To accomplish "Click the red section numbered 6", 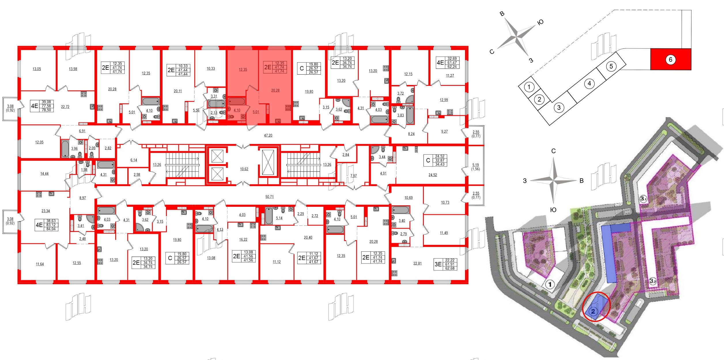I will pyautogui.click(x=670, y=60).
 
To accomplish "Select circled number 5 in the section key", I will pyautogui.click(x=611, y=67).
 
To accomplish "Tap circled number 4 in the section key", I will pyautogui.click(x=589, y=84).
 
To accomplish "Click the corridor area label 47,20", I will pyautogui.click(x=268, y=135).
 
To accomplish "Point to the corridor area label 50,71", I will pyautogui.click(x=269, y=197).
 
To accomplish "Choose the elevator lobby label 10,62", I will pyautogui.click(x=244, y=169).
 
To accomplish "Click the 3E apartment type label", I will pyautogui.click(x=438, y=264).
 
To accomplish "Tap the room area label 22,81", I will pyautogui.click(x=417, y=263).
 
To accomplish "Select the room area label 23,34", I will pyautogui.click(x=46, y=211).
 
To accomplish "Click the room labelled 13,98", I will pyautogui.click(x=73, y=69).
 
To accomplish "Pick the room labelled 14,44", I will pyautogui.click(x=44, y=174).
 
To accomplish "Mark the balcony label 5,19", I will pyautogui.click(x=475, y=165).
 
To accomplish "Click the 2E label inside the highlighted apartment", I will pyautogui.click(x=268, y=67).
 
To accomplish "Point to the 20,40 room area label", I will pyautogui.click(x=308, y=238).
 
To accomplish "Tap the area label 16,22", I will pyautogui.click(x=243, y=239).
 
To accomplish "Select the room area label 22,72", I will pyautogui.click(x=65, y=107).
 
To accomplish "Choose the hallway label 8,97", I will pyautogui.click(x=82, y=198).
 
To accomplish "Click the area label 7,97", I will pyautogui.click(x=353, y=176).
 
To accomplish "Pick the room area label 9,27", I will pyautogui.click(x=444, y=131).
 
